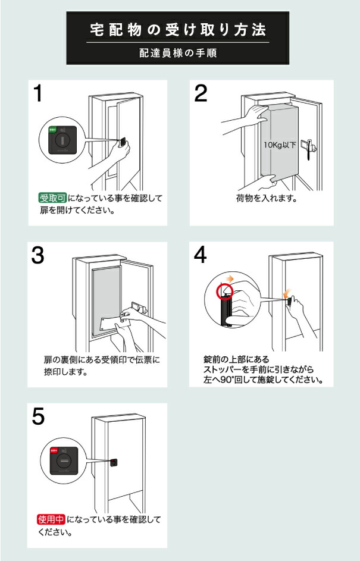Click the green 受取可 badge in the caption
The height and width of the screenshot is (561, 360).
pyautogui.click(x=52, y=198)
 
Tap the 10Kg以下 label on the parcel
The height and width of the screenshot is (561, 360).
pyautogui.click(x=280, y=145)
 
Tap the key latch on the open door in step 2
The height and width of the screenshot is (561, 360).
pyautogui.click(x=309, y=146)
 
